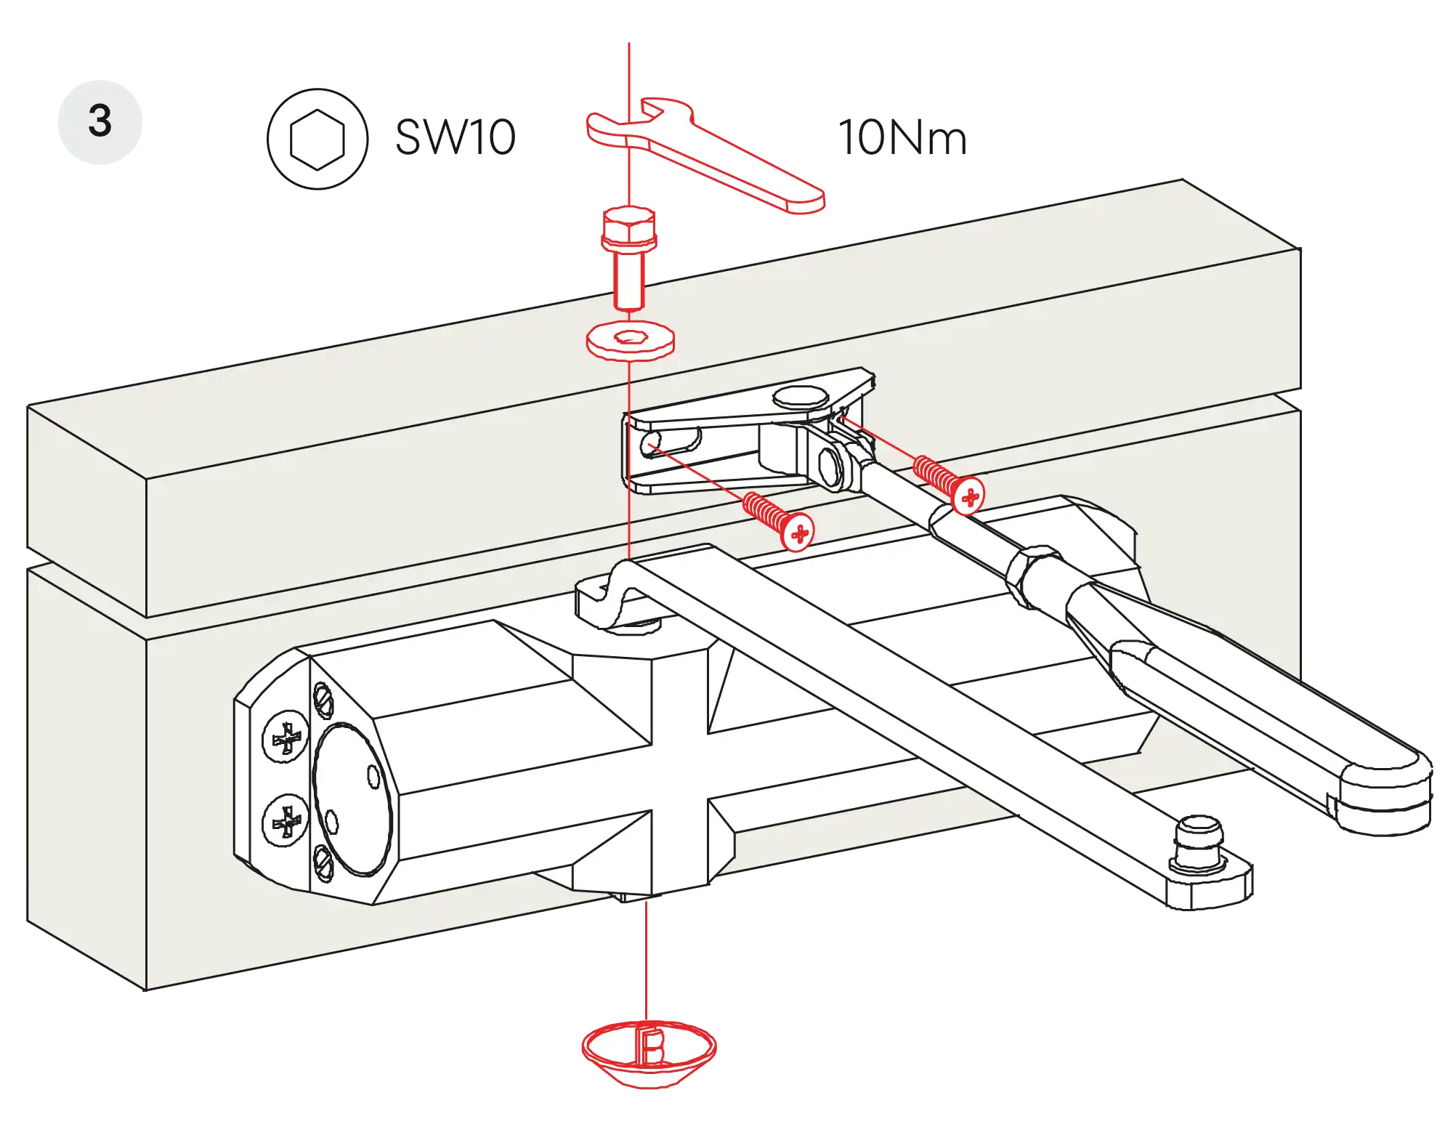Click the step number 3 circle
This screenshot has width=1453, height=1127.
(x=100, y=121)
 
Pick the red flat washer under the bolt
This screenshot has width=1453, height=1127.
(x=629, y=340)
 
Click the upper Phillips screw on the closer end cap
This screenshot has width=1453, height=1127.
(x=286, y=738)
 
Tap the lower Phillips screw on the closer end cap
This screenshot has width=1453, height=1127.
(x=286, y=821)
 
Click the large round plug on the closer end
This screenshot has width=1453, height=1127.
(x=352, y=799)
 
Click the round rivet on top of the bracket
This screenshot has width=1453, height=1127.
(x=800, y=397)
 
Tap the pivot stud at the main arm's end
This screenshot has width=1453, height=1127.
(x=1198, y=843)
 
